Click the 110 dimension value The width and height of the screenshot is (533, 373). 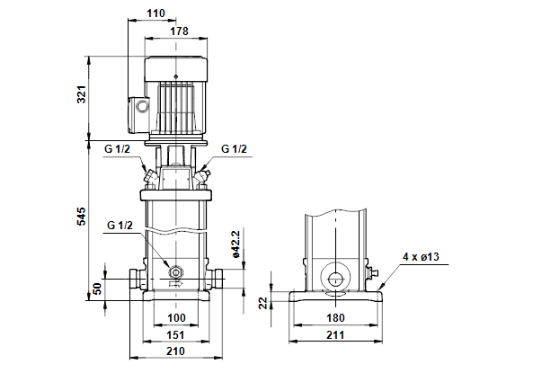pos(155,13)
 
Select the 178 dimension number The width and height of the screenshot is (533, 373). pos(179,31)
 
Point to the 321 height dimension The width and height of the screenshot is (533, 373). pos(82,94)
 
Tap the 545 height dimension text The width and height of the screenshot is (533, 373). pos(82,216)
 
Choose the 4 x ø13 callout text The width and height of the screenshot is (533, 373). pos(421,257)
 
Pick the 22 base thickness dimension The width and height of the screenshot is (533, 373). pos(263,303)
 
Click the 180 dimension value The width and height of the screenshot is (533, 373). pos(335,318)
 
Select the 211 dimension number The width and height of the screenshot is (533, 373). pos(335,335)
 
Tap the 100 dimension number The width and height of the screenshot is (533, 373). pos(177,318)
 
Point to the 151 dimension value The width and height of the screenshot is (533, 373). pos(176,335)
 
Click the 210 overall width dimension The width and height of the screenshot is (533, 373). pos(176,351)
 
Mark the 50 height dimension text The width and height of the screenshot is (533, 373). pos(97,289)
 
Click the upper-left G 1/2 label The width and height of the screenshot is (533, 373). pos(117,149)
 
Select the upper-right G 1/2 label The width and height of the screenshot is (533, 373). pos(234,149)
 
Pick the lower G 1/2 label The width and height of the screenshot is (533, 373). pos(120,225)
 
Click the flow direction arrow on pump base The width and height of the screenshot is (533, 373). pos(176,283)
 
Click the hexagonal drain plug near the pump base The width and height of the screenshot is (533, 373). pos(176,272)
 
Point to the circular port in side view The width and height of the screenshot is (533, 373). pos(335,280)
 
